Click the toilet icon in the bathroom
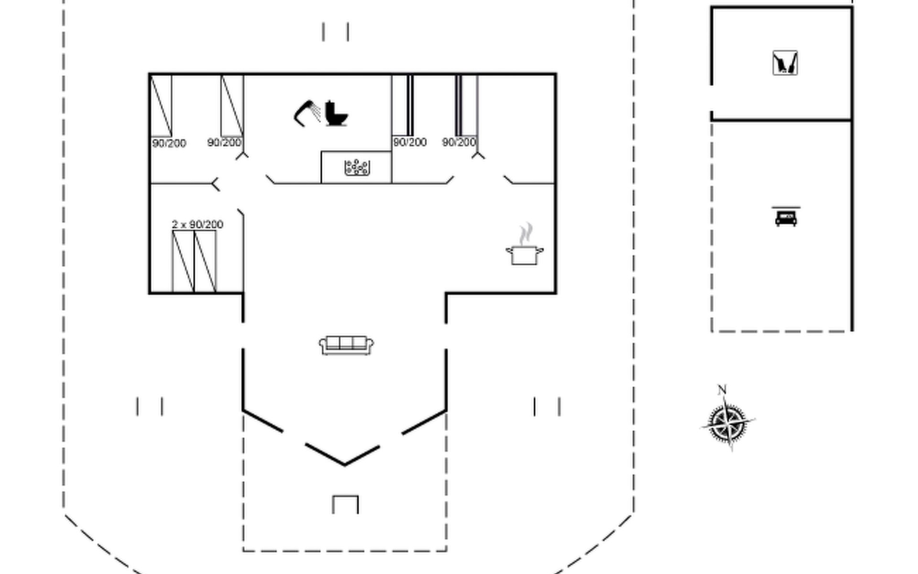pyautogui.click(x=336, y=114)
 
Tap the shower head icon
pyautogui.click(x=306, y=113)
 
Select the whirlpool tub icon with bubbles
pyautogui.click(x=357, y=167)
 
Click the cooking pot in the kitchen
pyautogui.click(x=524, y=254)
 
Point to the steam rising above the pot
pyautogui.click(x=526, y=233)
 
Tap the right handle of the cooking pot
pyautogui.click(x=540, y=250)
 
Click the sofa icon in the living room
pyautogui.click(x=346, y=345)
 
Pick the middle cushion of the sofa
pyautogui.click(x=346, y=342)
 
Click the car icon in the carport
pyautogui.click(x=786, y=219)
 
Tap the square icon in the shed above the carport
pyautogui.click(x=785, y=63)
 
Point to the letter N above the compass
pyautogui.click(x=722, y=389)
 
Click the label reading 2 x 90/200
pyautogui.click(x=197, y=224)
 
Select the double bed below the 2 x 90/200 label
pyautogui.click(x=194, y=261)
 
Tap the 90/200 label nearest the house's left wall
pyautogui.click(x=169, y=143)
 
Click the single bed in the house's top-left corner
pyautogui.click(x=161, y=106)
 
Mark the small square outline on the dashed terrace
pyautogui.click(x=345, y=504)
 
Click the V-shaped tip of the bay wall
pyautogui.click(x=344, y=464)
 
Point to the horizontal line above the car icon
pyautogui.click(x=786, y=208)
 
